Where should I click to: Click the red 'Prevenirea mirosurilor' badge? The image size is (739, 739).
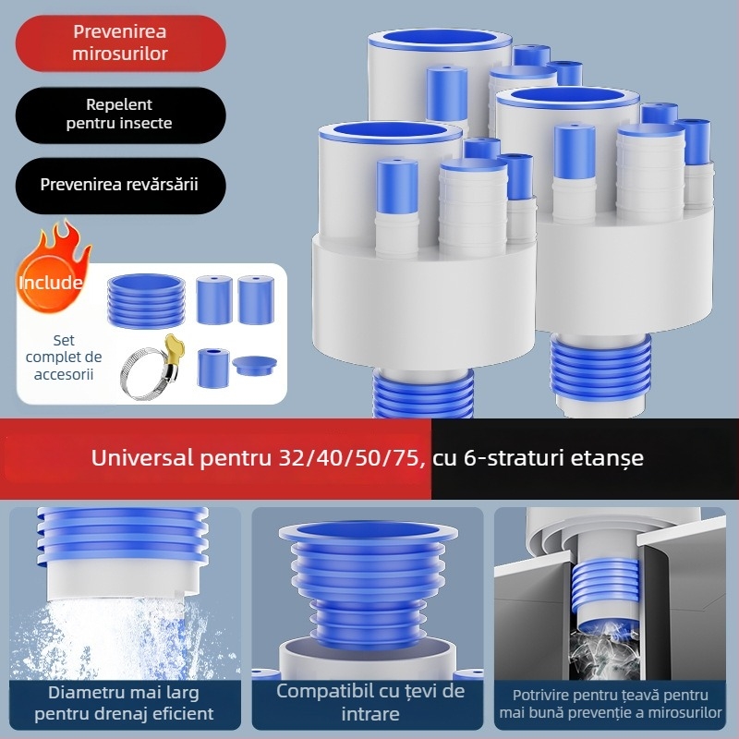[x=121, y=42]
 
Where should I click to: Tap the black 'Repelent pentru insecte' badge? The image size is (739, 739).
[x=121, y=115]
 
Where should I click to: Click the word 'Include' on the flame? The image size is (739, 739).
[x=51, y=283]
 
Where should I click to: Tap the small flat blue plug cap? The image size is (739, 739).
[x=255, y=365]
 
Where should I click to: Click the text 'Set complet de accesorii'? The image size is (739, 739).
[x=64, y=357]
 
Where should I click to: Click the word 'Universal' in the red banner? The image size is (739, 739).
[x=142, y=457]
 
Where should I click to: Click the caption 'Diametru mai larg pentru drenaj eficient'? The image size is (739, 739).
[x=124, y=703]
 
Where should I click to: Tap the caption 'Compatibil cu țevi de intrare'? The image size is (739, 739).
[x=370, y=702]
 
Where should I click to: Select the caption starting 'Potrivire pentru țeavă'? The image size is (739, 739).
[x=611, y=704]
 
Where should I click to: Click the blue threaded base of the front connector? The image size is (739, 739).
[x=423, y=394]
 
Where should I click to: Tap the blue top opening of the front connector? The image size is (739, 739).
[x=390, y=132]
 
